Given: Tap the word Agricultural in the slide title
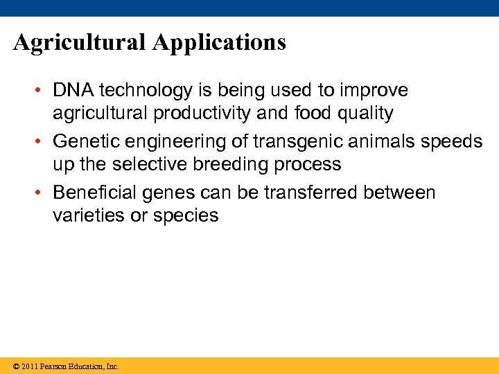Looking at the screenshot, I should coord(80,43).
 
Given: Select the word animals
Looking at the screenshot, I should coord(395,141).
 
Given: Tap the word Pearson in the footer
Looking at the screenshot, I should coord(53,366).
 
